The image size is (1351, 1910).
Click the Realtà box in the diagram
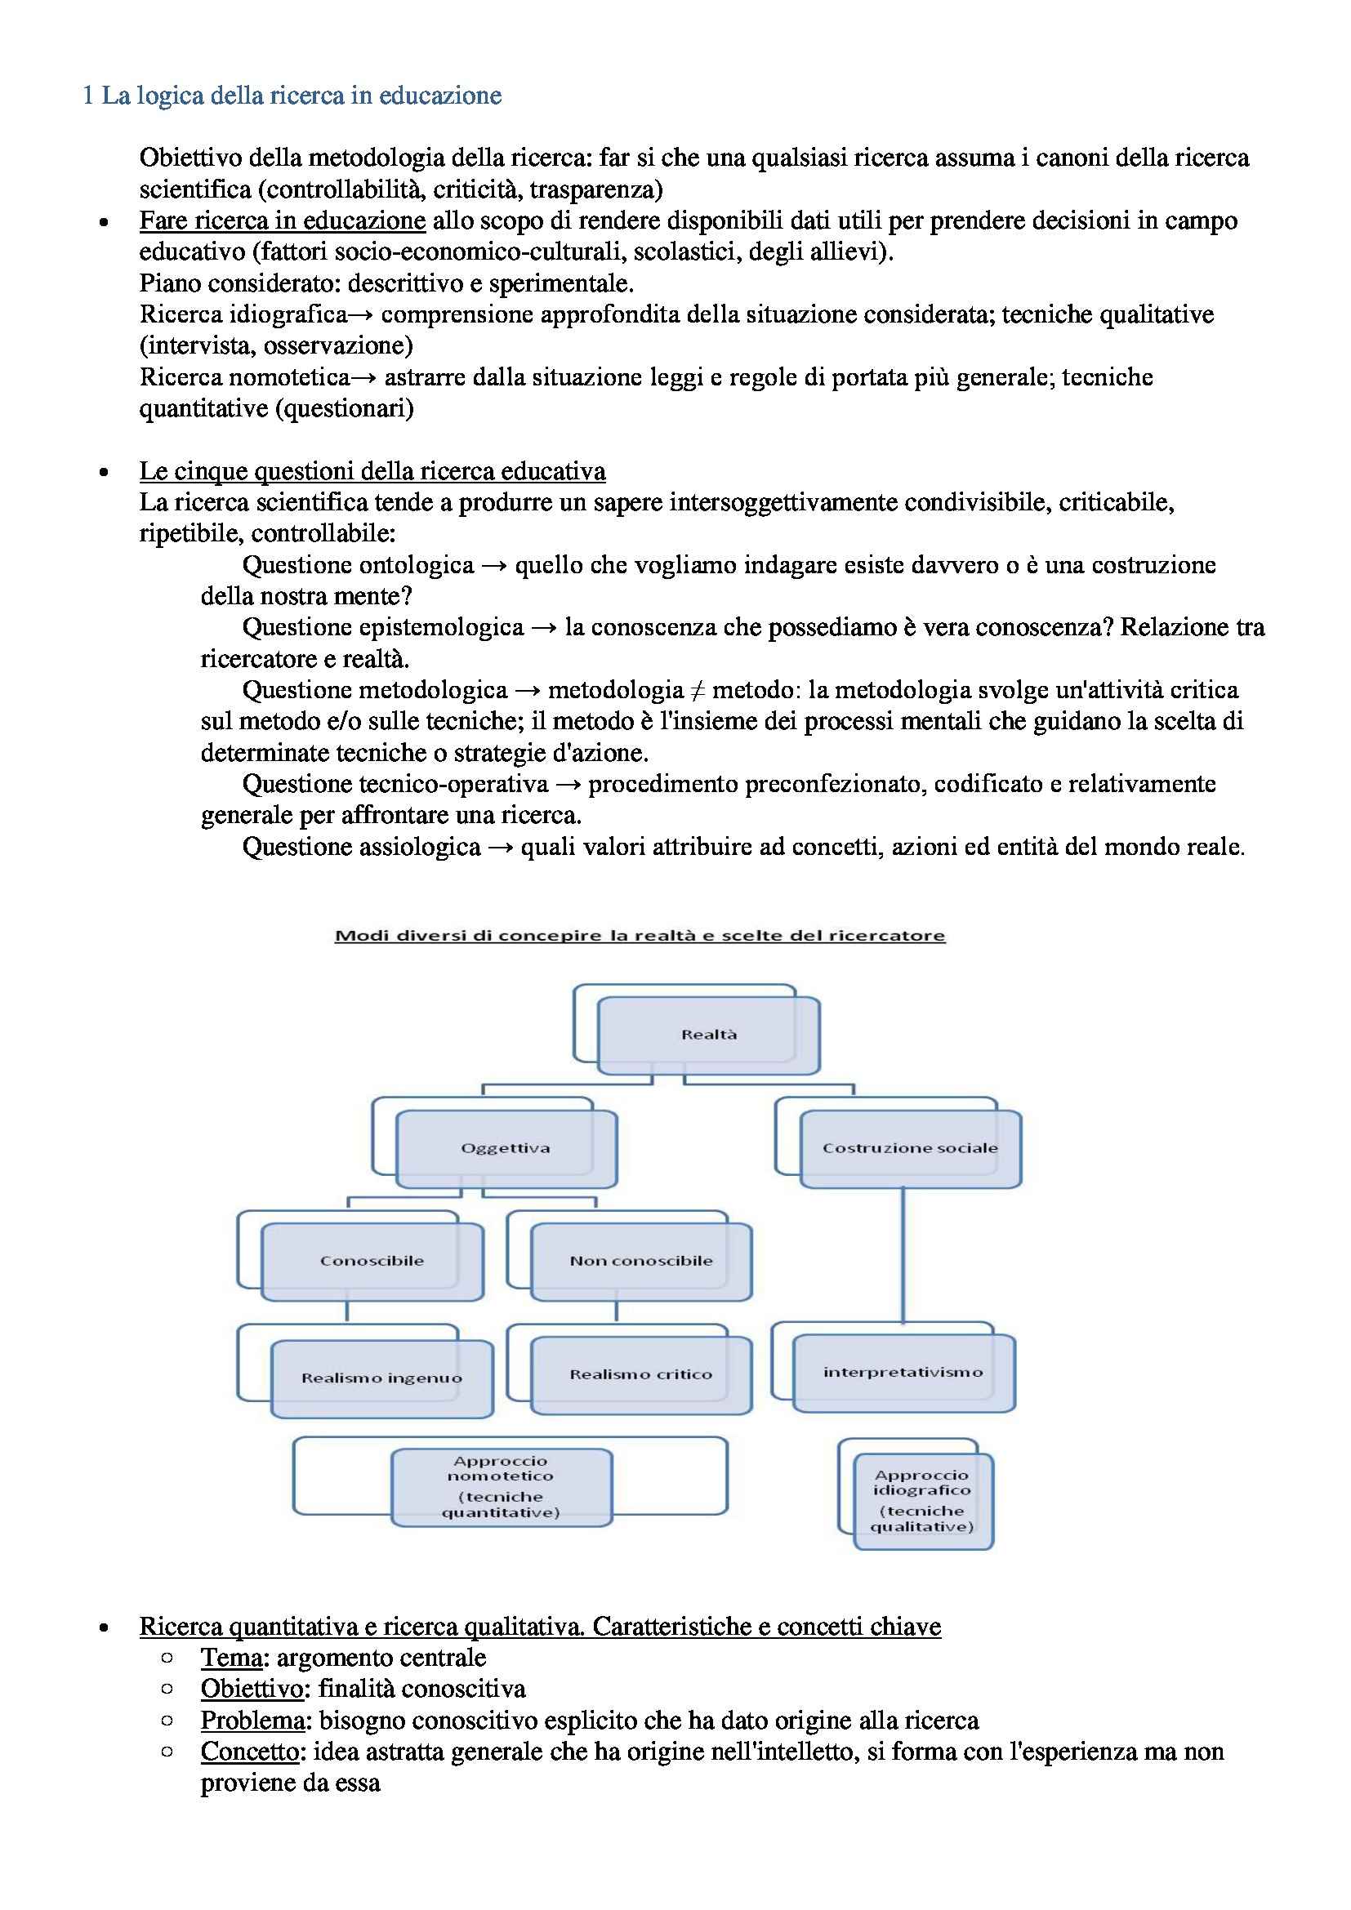tap(709, 1035)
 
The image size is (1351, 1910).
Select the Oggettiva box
tap(506, 1148)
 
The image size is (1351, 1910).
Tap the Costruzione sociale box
tap(910, 1148)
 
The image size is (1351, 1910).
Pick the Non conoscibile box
tap(640, 1261)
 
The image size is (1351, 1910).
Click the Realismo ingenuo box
tap(381, 1378)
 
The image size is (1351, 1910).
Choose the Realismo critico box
tap(640, 1374)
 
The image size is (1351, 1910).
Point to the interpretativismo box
tap(903, 1373)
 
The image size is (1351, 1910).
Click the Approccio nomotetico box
tap(501, 1486)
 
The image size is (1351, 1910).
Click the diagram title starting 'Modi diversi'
tap(640, 935)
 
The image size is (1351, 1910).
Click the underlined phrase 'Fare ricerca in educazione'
tap(282, 220)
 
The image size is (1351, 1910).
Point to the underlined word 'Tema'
tap(231, 1657)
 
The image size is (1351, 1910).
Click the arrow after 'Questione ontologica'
tap(494, 566)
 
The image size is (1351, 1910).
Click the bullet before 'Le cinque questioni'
tap(103, 473)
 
